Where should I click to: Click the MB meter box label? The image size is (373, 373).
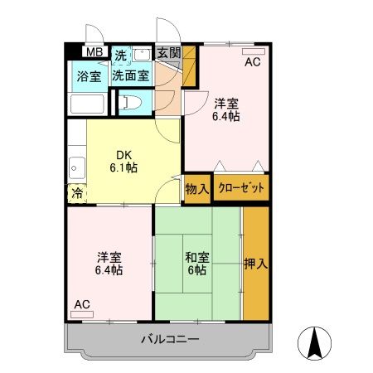pos(94,52)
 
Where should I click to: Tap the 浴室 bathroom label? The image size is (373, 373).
pos(89,76)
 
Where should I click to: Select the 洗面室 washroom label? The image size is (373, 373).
pos(131,75)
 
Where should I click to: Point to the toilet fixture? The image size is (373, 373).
pos(130,103)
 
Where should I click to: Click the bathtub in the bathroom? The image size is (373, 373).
pos(87,104)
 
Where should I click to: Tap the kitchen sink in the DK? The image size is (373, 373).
pos(77,168)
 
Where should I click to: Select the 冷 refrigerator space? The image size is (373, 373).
pos(77,193)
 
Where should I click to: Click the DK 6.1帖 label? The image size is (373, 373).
pos(124,162)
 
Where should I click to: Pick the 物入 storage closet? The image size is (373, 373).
pos(197,189)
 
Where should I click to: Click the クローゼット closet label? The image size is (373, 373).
pos(241,188)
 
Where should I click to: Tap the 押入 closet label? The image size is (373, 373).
pos(256,264)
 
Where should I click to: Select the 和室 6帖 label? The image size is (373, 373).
pos(197,264)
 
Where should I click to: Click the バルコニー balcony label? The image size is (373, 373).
pos(170,339)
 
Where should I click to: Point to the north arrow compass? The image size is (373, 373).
pos(314,343)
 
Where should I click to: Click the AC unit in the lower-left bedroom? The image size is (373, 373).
pos(82,314)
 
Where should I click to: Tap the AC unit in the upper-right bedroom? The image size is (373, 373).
pos(254,51)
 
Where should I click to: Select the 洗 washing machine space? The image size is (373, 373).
pos(121,56)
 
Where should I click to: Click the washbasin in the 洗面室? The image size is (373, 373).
pos(142,55)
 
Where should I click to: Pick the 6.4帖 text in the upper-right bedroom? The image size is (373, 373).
pos(226,116)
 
